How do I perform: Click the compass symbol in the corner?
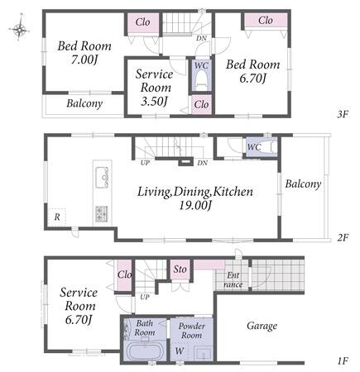19,28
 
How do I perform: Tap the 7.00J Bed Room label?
84,53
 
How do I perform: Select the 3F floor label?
343,114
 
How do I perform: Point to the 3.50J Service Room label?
155,88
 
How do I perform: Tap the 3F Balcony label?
84,103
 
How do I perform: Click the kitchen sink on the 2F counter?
102,178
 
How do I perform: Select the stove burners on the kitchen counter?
102,214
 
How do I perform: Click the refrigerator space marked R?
57,217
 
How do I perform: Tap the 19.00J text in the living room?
195,205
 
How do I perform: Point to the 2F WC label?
254,147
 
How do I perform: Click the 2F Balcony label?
303,184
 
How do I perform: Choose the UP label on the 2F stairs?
145,163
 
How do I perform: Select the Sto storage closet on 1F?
180,269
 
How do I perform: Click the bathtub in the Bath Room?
146,351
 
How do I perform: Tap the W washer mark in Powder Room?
180,351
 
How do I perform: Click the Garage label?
262,326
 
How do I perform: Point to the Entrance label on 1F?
233,279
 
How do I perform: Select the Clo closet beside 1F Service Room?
124,274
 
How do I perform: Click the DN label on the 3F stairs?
201,38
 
